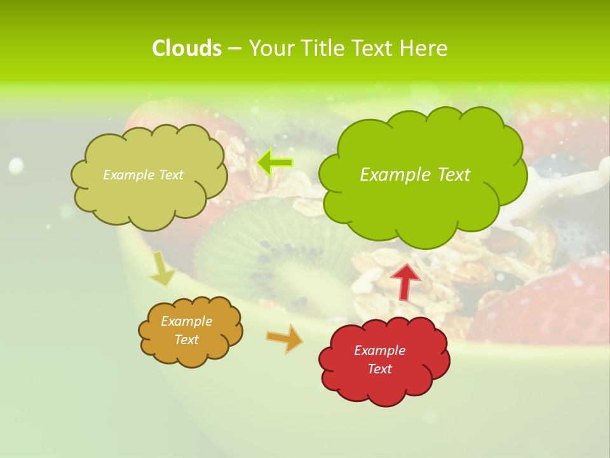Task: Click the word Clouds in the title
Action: pos(186,48)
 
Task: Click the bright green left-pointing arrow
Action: pos(275,163)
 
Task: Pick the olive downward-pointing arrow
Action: pos(162,270)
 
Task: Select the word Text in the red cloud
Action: pos(379,369)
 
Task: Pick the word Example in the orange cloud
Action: pos(186,321)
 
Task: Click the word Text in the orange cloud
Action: pos(186,340)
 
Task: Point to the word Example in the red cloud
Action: pos(379,350)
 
